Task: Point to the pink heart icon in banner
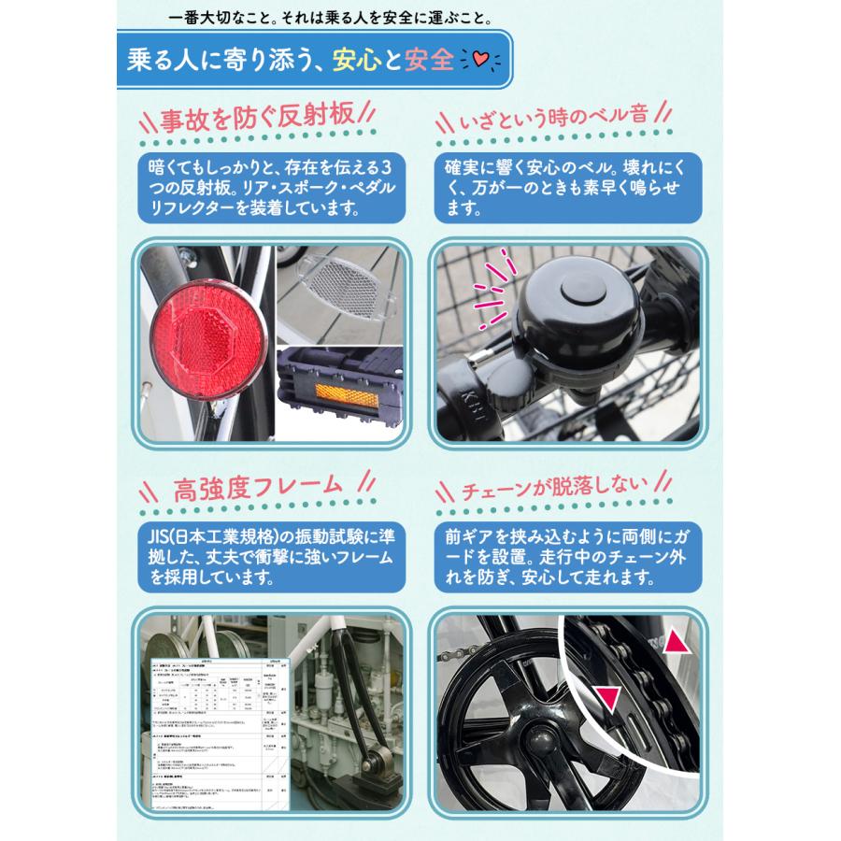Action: [x=479, y=63]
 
